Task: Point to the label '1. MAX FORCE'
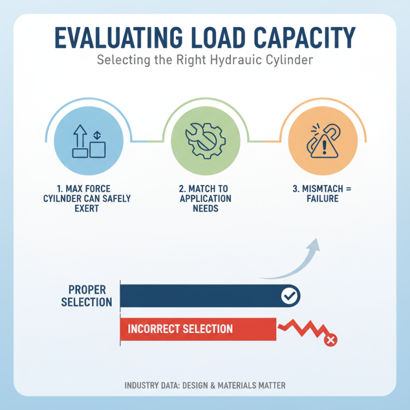(88, 189)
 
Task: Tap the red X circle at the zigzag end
(331, 339)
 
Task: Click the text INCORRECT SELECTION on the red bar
(180, 329)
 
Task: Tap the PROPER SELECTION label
(87, 296)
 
